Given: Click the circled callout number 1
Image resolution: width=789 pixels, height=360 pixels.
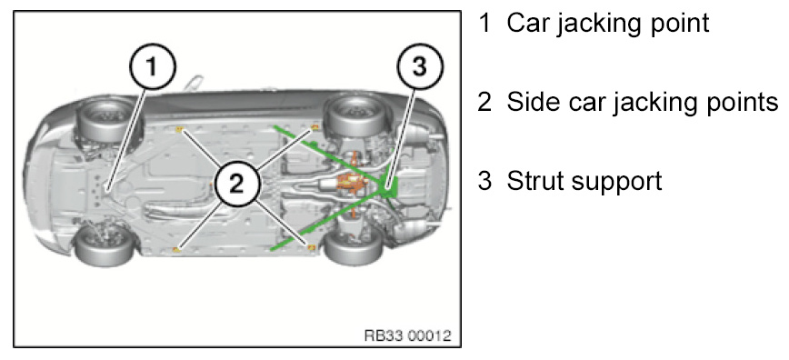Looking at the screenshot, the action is coord(153,67).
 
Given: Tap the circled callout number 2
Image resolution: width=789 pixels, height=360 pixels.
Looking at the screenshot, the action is coord(236,185).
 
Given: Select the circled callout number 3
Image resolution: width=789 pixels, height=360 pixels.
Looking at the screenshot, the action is coord(419,67).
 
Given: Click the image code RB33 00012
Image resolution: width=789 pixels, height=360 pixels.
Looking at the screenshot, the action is coord(407,335).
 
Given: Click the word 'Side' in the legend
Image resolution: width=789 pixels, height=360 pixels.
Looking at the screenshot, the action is coord(534,102).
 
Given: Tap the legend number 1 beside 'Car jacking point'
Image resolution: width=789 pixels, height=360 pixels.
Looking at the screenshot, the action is coord(484,23).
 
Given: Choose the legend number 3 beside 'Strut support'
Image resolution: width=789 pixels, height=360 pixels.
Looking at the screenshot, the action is coord(484,181).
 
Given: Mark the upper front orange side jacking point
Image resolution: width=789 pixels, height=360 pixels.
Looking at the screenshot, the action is coord(179,130).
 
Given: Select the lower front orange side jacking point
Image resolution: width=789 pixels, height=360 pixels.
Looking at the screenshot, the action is coord(176,249).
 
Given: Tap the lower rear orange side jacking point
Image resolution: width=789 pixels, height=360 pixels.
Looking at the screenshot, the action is coord(312,246).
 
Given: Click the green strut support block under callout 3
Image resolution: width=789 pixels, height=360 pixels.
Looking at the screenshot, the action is coord(390,186).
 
